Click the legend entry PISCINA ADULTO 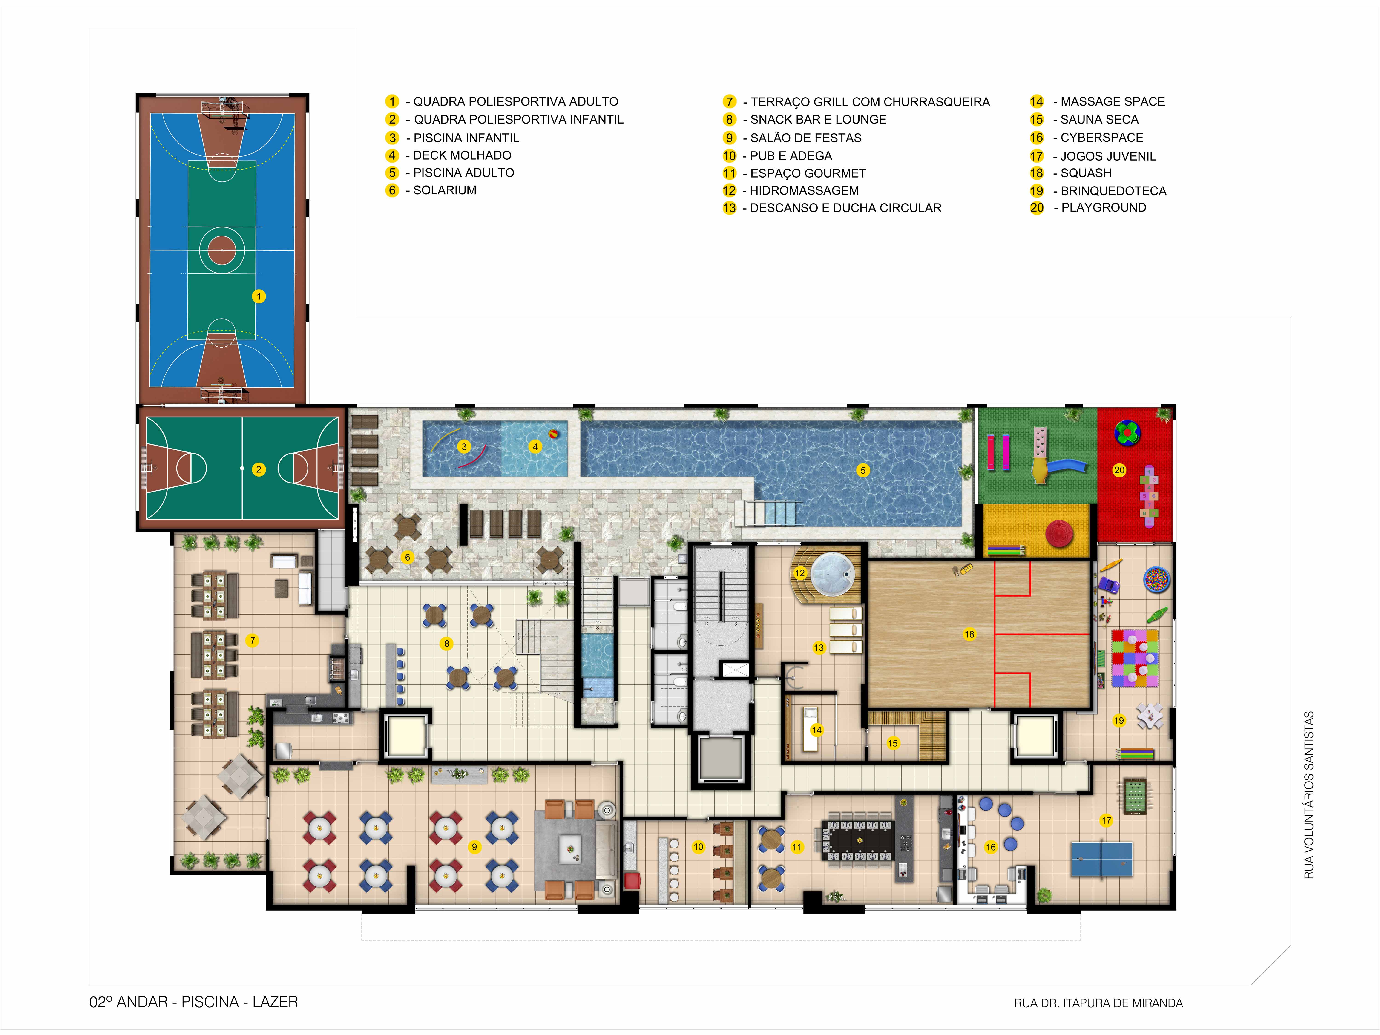coord(463,173)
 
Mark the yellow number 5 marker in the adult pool coord(863,470)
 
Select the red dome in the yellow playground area coord(1059,533)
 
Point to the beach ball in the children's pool coord(553,434)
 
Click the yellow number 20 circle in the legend coord(1037,208)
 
